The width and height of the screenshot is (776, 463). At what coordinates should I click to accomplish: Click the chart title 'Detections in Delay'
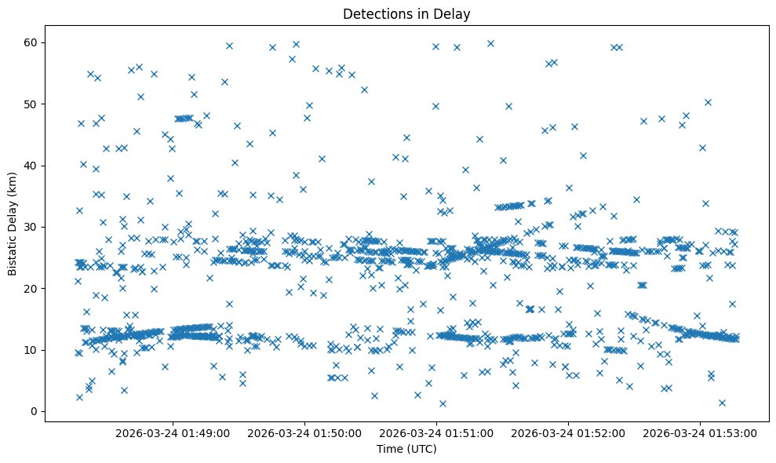point(406,13)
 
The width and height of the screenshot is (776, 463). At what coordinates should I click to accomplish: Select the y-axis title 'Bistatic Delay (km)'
point(13,223)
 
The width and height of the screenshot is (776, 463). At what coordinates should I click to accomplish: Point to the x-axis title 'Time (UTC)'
point(406,449)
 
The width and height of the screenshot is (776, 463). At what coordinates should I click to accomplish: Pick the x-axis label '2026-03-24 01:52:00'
point(569,432)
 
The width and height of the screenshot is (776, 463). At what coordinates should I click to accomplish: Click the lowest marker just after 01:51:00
point(443,403)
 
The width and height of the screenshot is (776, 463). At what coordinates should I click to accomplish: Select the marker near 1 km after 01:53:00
point(722,403)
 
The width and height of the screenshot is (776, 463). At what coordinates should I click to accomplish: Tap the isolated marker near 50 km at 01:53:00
point(708,102)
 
